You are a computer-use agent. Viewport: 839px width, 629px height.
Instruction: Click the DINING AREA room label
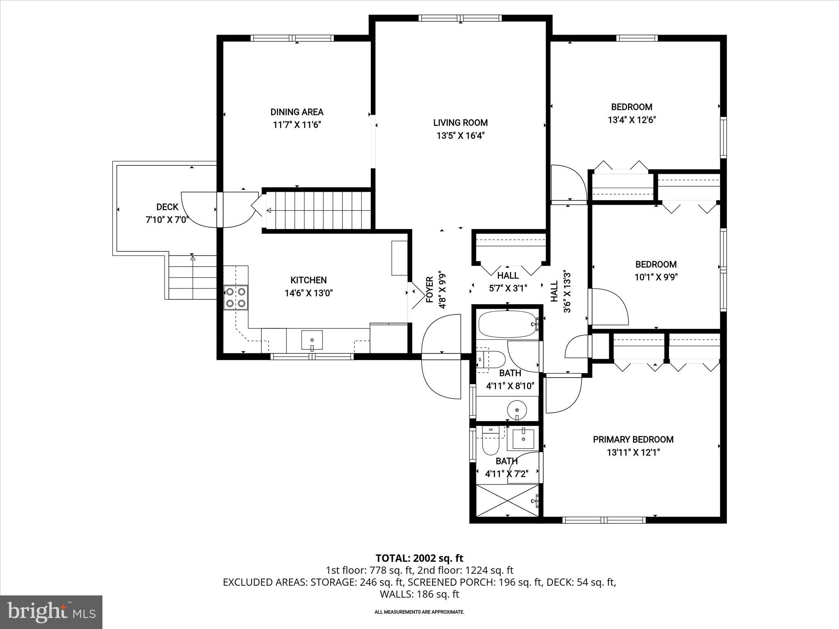click(297, 112)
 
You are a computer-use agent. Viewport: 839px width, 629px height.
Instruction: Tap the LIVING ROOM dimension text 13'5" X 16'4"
click(460, 136)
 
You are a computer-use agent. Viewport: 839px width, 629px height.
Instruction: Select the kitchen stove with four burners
click(236, 297)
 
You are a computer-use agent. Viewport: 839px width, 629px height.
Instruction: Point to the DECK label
click(167, 207)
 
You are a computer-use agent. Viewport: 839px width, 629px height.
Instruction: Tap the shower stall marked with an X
click(507, 500)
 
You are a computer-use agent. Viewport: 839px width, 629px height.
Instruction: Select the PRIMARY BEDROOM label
click(633, 439)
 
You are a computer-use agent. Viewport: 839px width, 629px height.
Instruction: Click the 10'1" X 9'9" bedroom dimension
click(656, 277)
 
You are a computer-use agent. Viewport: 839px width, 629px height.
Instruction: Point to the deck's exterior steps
click(192, 277)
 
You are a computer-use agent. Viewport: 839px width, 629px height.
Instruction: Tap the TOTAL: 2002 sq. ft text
click(419, 558)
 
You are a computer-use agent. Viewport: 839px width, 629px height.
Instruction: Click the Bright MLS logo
click(51, 612)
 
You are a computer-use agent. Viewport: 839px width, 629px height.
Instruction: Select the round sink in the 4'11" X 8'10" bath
click(517, 409)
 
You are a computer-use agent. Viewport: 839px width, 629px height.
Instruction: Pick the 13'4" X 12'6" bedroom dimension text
click(631, 120)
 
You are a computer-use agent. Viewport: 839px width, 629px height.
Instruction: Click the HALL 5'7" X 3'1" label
click(508, 282)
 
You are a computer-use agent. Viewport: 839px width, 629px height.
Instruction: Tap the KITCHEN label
click(308, 280)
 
